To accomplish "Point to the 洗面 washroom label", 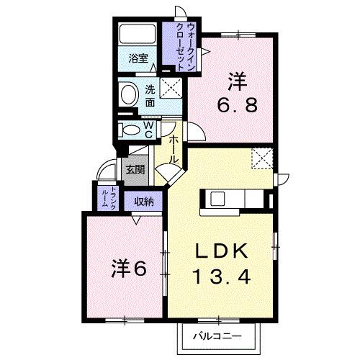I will coord(150,96).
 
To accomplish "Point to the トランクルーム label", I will coord(104,196).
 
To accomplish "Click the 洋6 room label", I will coord(129,268).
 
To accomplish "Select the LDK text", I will coord(222,251).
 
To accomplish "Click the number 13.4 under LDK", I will coord(222,275).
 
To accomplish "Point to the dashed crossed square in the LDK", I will coord(261,156).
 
